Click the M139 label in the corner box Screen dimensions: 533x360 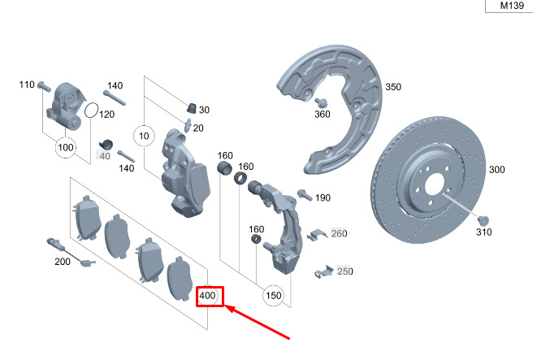pos(512,6)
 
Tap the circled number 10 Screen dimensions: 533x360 pos(144,136)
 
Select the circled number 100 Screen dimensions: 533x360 pos(66,147)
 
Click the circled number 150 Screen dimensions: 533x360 pos(274,296)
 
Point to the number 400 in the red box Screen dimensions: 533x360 pos(207,296)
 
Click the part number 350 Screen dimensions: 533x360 pos(393,87)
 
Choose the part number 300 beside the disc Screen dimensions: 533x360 pos(497,169)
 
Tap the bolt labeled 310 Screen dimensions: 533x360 pos(483,220)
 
